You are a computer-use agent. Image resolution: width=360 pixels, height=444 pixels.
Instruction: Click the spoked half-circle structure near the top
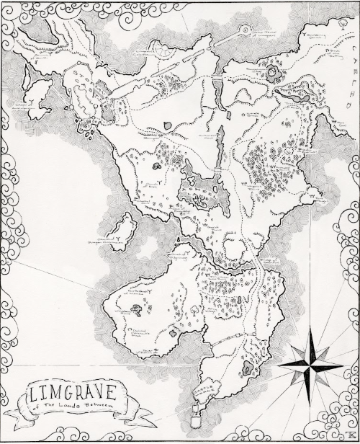tap(164, 52)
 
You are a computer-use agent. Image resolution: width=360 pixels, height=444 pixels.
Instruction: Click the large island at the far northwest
tap(36, 101)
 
